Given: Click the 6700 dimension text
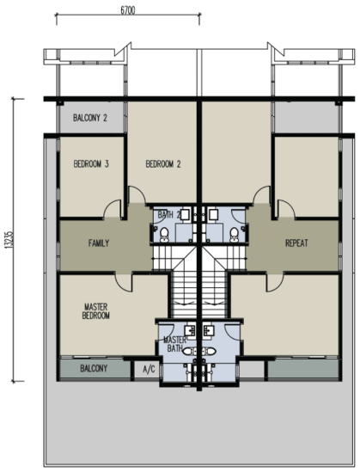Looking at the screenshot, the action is click(128, 10).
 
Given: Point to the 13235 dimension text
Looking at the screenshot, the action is click(9, 240).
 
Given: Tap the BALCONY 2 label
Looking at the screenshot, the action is click(90, 118).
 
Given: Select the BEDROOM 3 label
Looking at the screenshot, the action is click(91, 163).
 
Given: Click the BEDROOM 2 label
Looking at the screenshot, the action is click(163, 164).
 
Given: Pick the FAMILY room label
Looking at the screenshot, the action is click(99, 243).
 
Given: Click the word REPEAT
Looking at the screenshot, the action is click(296, 243).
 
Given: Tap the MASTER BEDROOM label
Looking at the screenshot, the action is click(95, 311).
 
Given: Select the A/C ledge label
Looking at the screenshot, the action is click(149, 369).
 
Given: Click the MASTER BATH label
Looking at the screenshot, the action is click(174, 344).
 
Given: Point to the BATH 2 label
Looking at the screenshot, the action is click(169, 215).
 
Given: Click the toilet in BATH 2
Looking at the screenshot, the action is click(164, 235).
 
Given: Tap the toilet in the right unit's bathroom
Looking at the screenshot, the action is click(234, 235).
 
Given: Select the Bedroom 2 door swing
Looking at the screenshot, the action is click(137, 195).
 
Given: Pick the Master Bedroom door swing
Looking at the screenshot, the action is click(124, 282).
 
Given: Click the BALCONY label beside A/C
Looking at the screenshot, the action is click(94, 368).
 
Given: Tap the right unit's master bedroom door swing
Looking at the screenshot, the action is click(275, 282).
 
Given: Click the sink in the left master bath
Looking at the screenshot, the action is click(190, 330).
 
